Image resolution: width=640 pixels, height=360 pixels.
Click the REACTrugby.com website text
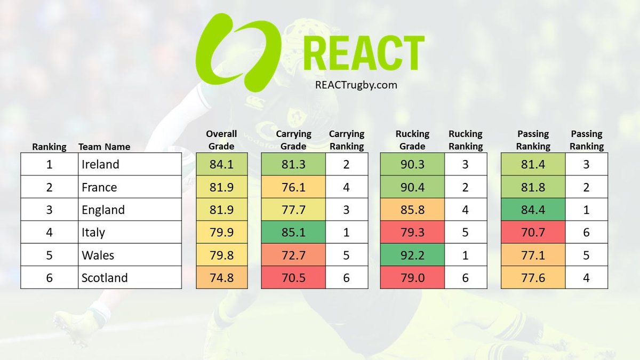357,84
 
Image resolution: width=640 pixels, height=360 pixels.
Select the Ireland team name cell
130,164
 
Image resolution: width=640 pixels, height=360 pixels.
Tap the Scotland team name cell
130,278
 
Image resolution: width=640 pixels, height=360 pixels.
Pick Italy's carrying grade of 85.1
293,233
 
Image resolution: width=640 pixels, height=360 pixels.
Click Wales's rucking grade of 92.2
412,255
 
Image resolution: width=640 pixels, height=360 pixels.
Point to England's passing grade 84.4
533,210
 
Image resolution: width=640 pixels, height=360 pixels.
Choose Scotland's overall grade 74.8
222,278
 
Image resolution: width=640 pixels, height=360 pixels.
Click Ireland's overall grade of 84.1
222,164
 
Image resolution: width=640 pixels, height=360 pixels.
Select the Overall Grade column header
221,140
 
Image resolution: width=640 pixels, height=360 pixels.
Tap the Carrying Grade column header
293,140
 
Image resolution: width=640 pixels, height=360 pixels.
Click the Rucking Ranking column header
466,140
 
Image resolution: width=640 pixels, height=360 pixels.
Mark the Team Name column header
104,147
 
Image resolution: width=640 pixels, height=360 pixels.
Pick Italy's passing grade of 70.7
533,233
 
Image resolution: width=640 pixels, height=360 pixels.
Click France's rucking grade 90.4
412,187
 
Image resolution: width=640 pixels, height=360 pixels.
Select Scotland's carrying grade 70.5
293,278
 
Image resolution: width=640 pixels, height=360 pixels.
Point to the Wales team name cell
130,255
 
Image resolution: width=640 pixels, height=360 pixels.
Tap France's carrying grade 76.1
293,187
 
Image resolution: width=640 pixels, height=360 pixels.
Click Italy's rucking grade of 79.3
412,233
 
